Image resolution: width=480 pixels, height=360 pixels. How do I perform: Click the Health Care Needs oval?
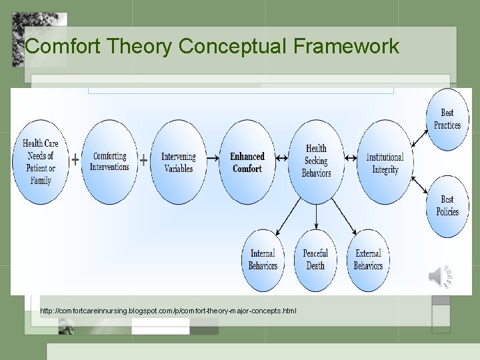pyautogui.click(x=41, y=162)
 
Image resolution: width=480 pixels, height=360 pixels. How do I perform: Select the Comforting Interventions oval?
pyautogui.click(x=110, y=162)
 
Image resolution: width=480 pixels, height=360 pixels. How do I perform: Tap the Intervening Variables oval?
pyautogui.click(x=179, y=162)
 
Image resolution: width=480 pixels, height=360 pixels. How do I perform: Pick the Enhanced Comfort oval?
pyautogui.click(x=247, y=162)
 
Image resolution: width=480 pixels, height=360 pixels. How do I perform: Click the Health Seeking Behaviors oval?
pyautogui.click(x=316, y=162)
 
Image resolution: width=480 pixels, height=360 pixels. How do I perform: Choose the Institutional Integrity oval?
pyautogui.click(x=385, y=162)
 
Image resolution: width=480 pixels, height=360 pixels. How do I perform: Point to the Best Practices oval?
pyautogui.click(x=447, y=119)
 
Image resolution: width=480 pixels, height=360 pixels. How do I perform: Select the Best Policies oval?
pyautogui.click(x=447, y=205)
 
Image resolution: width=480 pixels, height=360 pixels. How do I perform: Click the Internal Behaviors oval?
pyautogui.click(x=263, y=259)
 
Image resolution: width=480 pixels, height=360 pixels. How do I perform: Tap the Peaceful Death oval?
pyautogui.click(x=315, y=259)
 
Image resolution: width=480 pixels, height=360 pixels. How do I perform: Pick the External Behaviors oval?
pyautogui.click(x=368, y=259)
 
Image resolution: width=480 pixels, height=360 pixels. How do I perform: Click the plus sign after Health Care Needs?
pyautogui.click(x=75, y=160)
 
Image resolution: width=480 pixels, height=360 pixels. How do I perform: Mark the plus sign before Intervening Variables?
pyautogui.click(x=143, y=160)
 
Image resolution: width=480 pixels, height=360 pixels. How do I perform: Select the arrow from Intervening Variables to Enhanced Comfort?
pyautogui.click(x=213, y=159)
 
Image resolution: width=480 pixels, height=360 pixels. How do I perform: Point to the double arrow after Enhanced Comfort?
pyautogui.click(x=281, y=159)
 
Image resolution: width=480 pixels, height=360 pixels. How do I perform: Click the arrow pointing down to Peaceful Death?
pyautogui.click(x=316, y=217)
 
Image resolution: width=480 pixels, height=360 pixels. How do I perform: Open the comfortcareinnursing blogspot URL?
pyautogui.click(x=168, y=311)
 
